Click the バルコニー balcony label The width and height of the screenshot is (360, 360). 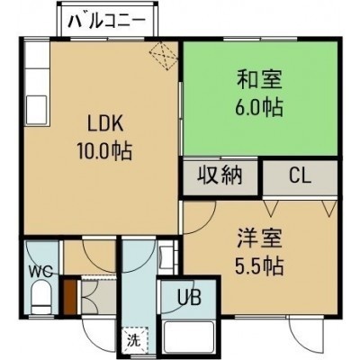coord(107,22)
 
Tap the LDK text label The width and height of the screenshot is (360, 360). coord(105,124)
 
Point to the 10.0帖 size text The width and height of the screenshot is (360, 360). coord(105,151)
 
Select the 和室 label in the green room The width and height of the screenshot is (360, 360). coord(260,79)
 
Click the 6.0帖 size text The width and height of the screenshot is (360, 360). coord(259,107)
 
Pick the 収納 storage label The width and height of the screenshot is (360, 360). coord(220,175)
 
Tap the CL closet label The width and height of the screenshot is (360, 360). coord(301,176)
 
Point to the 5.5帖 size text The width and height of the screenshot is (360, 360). coord(259,266)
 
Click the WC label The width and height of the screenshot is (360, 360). coord(40,272)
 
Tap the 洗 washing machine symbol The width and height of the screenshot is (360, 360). coord(134,339)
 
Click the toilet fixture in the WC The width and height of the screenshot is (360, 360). coord(41,298)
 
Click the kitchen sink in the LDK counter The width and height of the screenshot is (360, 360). coord(37,110)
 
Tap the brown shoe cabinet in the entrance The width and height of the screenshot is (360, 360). coord(70,297)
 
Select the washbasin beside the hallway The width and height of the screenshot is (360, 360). coord(166,256)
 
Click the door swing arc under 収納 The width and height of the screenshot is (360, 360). coord(207,223)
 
